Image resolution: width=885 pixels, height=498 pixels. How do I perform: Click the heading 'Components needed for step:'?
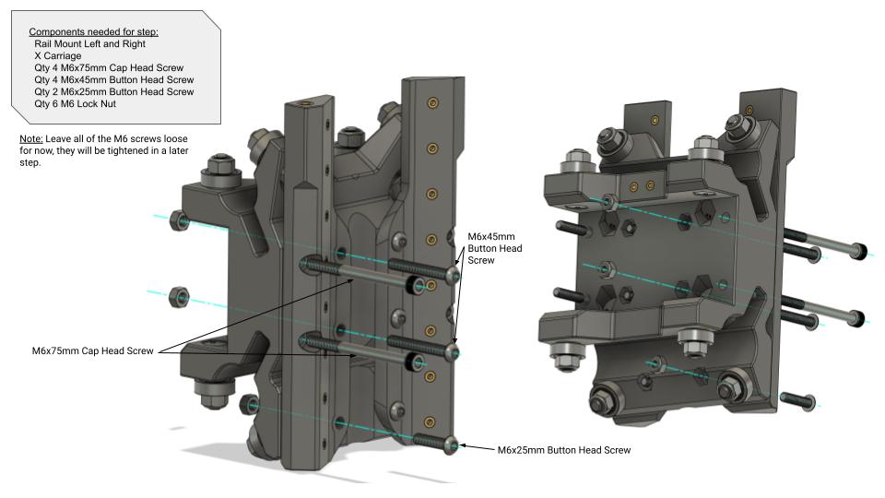[x=94, y=31]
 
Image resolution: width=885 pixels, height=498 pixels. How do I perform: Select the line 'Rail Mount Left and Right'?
[x=89, y=43]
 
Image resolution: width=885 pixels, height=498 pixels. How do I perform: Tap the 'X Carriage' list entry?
[x=57, y=55]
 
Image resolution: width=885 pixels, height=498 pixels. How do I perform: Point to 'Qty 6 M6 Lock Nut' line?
[x=75, y=103]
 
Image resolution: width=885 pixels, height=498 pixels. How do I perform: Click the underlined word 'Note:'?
[x=31, y=138]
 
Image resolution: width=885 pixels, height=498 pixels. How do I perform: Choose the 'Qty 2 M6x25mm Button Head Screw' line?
[x=114, y=91]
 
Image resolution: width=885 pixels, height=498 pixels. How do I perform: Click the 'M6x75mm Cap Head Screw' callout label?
[x=92, y=350]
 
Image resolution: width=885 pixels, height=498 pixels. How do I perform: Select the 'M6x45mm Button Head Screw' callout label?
[x=494, y=248]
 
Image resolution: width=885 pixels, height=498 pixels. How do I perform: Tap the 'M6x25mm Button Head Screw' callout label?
[x=564, y=450]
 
